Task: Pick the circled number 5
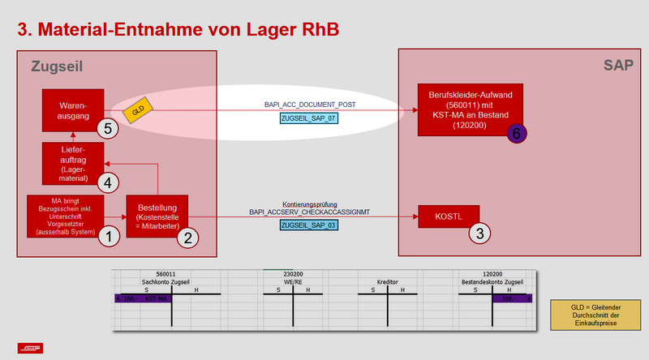[x=107, y=127]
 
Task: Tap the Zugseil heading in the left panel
[x=58, y=65]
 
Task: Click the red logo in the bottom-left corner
[x=31, y=348]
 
